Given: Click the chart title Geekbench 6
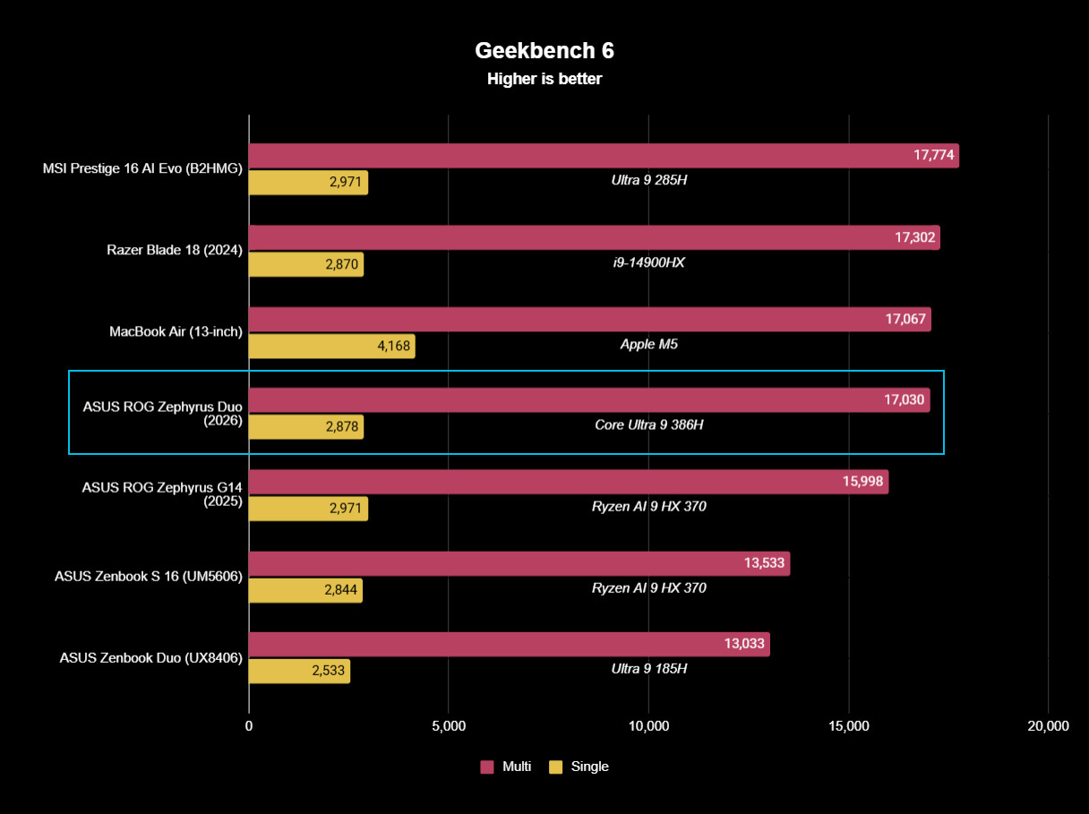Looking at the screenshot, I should tap(544, 49).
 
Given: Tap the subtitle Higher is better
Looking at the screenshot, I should tap(544, 79).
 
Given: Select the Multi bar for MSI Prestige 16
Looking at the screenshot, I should tap(603, 156).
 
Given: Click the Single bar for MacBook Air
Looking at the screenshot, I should tap(331, 347).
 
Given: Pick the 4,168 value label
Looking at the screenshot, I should tap(390, 347).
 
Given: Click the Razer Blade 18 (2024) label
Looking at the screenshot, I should tap(175, 250).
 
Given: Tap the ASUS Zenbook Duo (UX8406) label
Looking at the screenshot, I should tap(151, 657).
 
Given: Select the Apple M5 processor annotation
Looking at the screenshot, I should tap(648, 344).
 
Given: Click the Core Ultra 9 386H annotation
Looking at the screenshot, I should tap(648, 425).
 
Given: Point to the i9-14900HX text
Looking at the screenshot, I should tap(648, 262).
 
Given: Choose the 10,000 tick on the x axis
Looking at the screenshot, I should tap(648, 726).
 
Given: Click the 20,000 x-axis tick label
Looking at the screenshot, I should tap(1047, 726).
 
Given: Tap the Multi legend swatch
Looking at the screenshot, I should tap(487, 767).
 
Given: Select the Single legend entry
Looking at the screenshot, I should tap(579, 767).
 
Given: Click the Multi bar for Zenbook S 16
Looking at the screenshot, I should tap(519, 563).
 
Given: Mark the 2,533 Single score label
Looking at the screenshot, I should tap(329, 672).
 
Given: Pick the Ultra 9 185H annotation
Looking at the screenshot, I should tap(648, 669).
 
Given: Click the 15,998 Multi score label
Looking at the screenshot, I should tap(863, 482).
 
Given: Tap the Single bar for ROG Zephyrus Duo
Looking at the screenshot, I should tap(304, 427).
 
